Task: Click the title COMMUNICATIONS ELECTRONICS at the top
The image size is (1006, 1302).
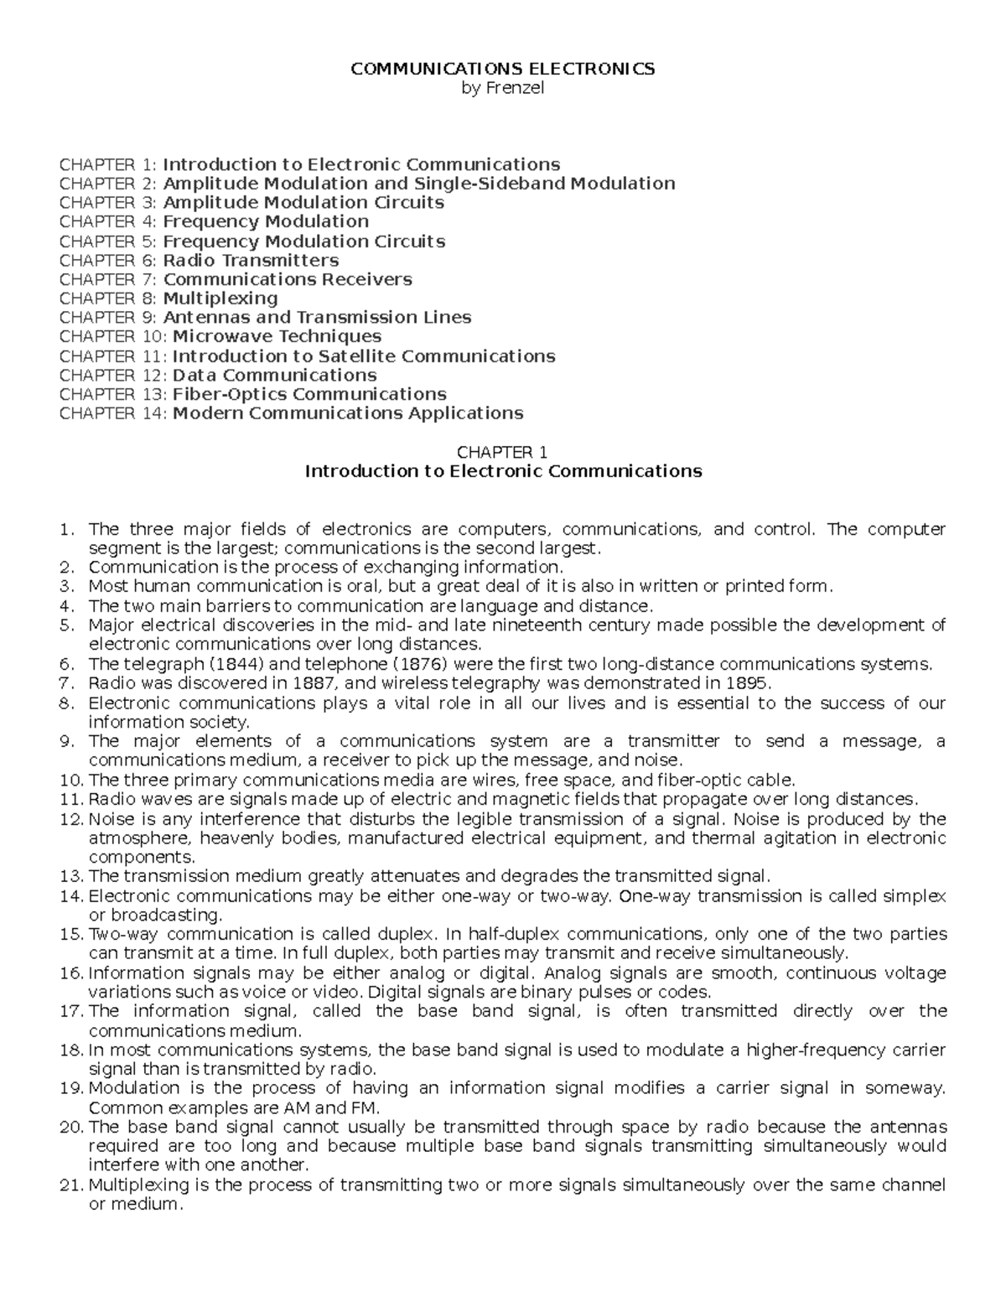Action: coord(502,69)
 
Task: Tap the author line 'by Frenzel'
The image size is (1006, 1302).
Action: coord(502,88)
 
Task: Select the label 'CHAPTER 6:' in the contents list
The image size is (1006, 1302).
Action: coord(108,261)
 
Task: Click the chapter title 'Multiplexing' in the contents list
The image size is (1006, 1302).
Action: coord(220,298)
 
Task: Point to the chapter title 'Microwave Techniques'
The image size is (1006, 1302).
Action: coord(277,337)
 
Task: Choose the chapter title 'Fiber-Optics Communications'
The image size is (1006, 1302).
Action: coord(309,394)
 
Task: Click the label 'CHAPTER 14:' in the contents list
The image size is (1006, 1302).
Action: coord(113,413)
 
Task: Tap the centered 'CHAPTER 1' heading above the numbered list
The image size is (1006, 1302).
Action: coord(502,453)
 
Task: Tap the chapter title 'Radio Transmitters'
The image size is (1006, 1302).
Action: coord(251,261)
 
